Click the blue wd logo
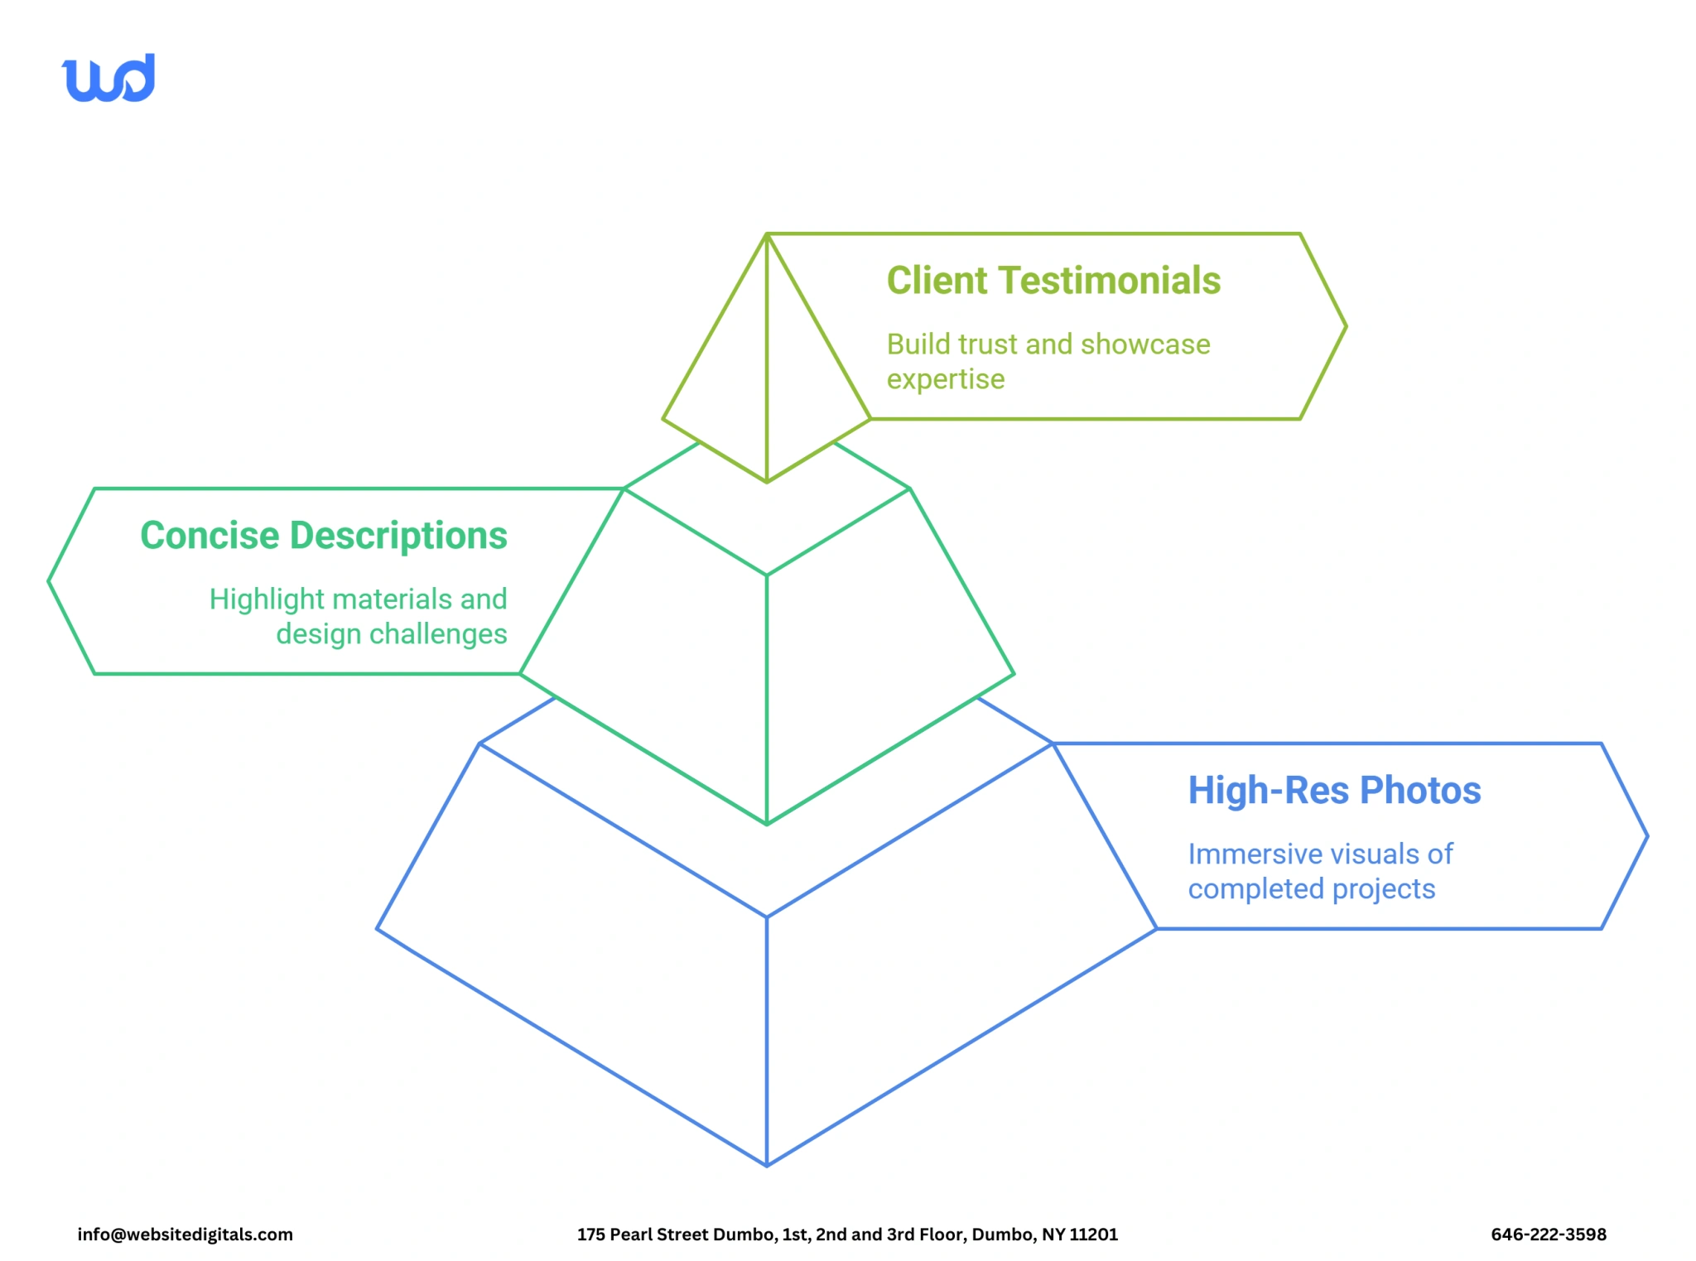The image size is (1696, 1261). [108, 79]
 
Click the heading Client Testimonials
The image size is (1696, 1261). [1053, 281]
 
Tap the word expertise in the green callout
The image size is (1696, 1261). [946, 379]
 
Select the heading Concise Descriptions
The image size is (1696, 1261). [324, 536]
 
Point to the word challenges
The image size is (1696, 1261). [438, 634]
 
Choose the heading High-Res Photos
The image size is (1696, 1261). [1334, 791]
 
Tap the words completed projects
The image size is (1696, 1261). [1311, 889]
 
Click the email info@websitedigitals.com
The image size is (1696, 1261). [185, 1235]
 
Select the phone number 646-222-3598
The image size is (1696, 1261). [1548, 1235]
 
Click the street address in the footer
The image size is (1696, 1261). [847, 1235]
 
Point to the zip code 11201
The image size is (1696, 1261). [1093, 1235]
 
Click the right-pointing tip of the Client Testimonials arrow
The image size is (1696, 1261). [1345, 327]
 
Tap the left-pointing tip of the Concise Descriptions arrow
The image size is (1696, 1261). [50, 581]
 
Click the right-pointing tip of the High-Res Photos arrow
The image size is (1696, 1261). [1646, 836]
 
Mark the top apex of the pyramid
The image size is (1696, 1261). [767, 235]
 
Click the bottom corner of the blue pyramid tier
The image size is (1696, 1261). [767, 1164]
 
